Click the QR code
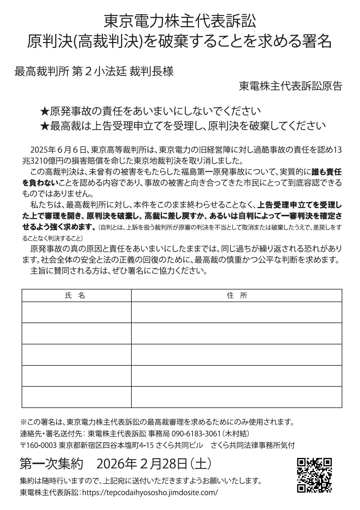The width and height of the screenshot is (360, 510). coord(314,475)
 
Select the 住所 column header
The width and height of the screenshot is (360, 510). coord(237,295)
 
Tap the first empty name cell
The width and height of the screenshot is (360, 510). coord(76,312)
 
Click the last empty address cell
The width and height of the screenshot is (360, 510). coord(237,397)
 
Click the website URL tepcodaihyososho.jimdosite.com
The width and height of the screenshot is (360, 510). coord(150,493)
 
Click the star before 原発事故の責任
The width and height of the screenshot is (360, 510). coord(44,111)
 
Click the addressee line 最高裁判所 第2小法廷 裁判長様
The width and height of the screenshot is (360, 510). coord(94,72)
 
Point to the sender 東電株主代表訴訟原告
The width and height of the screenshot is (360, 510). coord(290,86)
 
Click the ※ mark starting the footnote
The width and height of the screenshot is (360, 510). coord(23,423)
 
